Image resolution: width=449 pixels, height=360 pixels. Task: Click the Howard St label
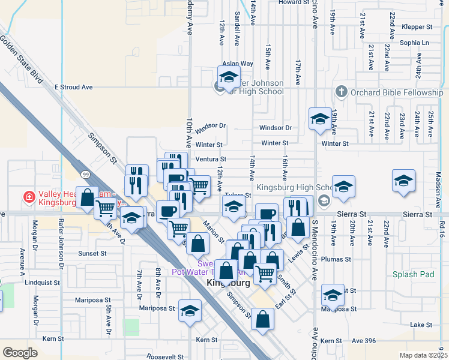293,2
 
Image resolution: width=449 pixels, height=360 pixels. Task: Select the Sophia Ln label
415,43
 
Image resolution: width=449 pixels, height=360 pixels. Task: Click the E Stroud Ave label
73,87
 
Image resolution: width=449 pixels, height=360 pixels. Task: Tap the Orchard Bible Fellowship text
397,92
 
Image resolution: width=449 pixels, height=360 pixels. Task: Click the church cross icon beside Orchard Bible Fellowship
341,92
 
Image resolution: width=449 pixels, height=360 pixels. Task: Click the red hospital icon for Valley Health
28,197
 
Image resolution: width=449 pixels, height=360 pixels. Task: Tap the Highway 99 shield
86,174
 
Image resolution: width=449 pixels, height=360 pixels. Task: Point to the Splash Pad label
413,274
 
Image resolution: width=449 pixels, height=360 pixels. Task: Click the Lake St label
421,325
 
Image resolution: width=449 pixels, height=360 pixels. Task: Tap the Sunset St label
92,253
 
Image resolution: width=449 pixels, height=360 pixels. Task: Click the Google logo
20,353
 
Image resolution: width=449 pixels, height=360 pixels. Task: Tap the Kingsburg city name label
228,282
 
